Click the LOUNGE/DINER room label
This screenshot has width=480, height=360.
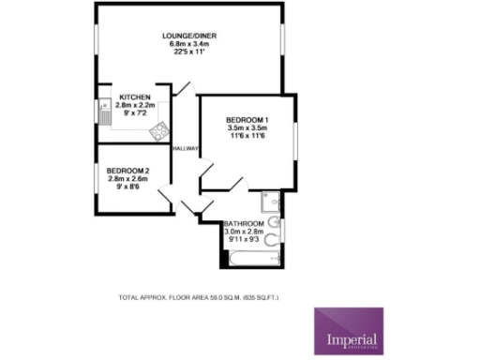(189, 36)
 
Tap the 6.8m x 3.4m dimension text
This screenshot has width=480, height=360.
(189, 43)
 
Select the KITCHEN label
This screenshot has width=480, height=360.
(135, 97)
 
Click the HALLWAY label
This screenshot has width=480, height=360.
(184, 147)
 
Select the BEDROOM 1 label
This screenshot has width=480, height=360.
(247, 121)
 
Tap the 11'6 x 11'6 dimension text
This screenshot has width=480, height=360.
(247, 137)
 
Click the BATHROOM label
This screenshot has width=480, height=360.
(243, 223)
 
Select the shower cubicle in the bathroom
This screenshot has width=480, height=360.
(269, 201)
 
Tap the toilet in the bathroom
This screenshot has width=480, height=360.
(271, 240)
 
